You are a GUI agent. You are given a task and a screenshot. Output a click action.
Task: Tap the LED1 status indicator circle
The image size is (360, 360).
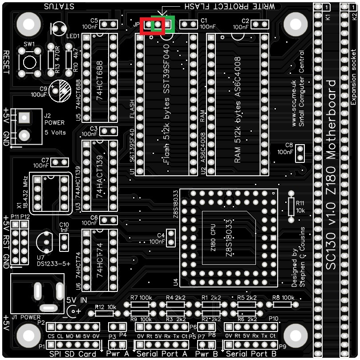59,29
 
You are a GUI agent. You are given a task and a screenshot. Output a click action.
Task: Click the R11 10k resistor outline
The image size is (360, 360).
291,206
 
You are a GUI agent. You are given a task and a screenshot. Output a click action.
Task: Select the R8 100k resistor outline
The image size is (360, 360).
282,305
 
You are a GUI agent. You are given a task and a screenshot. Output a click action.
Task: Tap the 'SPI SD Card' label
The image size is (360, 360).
73,354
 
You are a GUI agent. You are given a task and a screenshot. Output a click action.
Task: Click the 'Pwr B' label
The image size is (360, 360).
206,354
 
